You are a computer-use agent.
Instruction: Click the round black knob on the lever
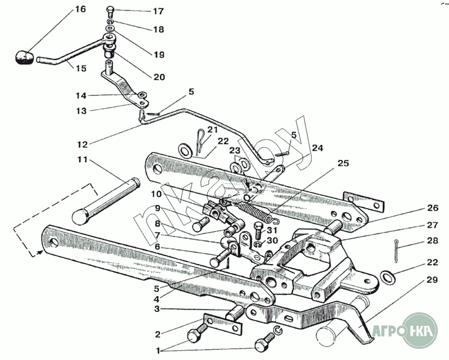(x=24, y=57)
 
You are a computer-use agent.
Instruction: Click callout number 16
(x=80, y=9)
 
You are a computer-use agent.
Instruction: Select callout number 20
(x=159, y=77)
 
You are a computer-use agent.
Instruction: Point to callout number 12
(x=83, y=145)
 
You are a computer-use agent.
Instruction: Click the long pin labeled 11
(x=106, y=202)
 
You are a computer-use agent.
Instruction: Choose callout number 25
(x=343, y=163)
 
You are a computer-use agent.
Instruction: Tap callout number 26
(x=433, y=208)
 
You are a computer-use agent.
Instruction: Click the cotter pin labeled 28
(x=396, y=251)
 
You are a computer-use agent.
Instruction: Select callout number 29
(x=432, y=280)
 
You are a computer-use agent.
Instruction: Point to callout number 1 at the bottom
(x=158, y=350)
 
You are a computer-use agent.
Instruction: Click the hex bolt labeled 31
(x=258, y=231)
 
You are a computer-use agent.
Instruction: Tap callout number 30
(x=272, y=241)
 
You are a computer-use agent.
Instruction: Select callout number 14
(x=81, y=95)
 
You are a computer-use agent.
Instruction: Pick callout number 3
(x=157, y=309)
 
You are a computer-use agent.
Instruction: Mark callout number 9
(x=157, y=209)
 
